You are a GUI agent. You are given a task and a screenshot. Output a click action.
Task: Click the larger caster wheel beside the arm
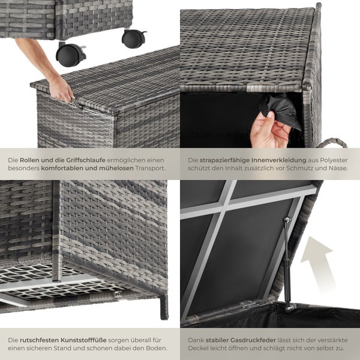click(x=70, y=55)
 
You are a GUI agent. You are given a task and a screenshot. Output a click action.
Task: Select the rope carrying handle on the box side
click(x=334, y=144)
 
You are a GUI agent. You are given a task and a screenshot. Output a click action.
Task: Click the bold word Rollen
click(x=31, y=161)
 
